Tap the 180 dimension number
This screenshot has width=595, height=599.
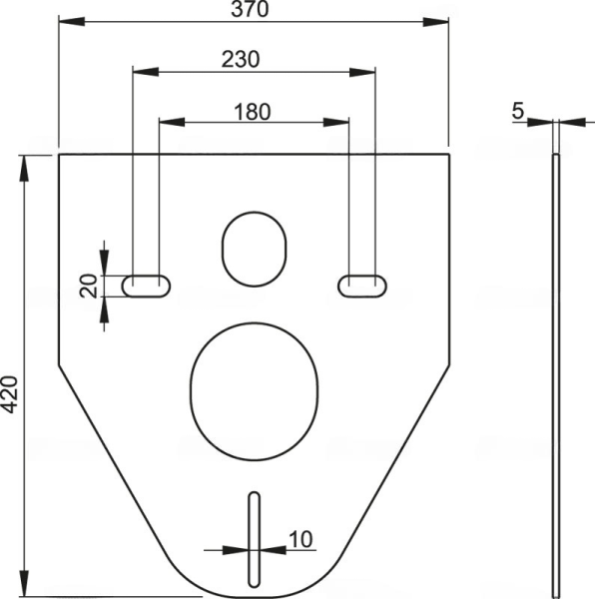tap(253, 111)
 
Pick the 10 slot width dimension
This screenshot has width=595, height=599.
tap(299, 539)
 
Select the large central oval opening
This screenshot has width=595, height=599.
tap(254, 382)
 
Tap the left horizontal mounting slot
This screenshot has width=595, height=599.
tap(146, 286)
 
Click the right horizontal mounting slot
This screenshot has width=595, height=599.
tap(360, 286)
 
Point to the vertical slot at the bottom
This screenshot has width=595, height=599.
tap(254, 539)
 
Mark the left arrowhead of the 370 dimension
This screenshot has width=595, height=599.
tap(65, 20)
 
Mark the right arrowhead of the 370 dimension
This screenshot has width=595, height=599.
tap(442, 20)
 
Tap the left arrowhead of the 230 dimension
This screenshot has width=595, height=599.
tap(139, 70)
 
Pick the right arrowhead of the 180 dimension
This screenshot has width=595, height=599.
tap(342, 122)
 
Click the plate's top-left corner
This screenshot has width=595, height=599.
tap(59, 156)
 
